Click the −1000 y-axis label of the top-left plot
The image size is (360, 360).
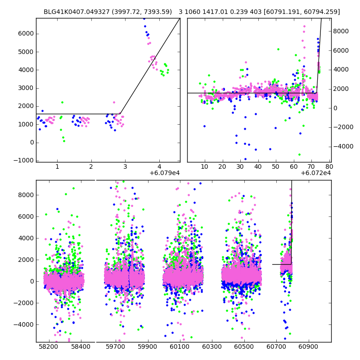(x=26, y=161)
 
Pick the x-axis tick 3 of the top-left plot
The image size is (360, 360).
(x=125, y=166)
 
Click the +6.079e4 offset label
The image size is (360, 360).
(x=165, y=173)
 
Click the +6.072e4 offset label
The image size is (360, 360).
(x=316, y=173)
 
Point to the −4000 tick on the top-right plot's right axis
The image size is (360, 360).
(x=342, y=146)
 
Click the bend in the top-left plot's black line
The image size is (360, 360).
(x=120, y=114)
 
